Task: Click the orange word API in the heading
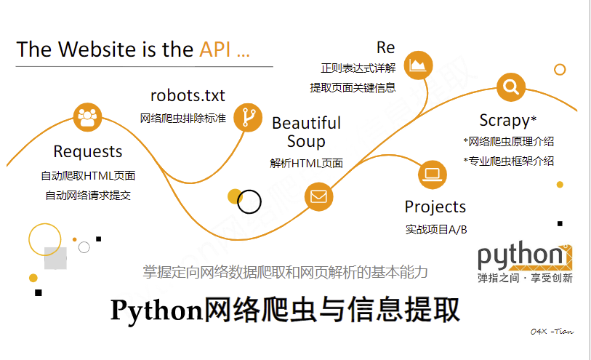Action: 217,49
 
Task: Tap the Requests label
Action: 88,152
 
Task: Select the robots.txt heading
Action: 188,95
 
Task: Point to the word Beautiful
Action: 306,123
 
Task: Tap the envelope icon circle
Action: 318,196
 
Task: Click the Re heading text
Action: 385,48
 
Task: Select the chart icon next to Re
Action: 418,65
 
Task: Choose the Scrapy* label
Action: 507,120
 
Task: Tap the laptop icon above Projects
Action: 433,175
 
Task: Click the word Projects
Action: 435,207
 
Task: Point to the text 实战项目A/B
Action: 435,230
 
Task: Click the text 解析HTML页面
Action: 306,164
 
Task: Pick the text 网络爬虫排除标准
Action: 182,117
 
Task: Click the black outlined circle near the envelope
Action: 249,201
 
